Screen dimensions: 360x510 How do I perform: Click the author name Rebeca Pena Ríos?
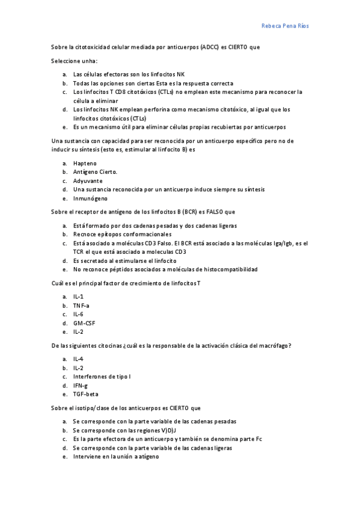tap(285, 26)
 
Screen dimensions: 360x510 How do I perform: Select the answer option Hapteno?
tap(84, 163)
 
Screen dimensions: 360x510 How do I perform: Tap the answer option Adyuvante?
tap(88, 180)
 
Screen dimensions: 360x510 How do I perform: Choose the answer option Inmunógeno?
tap(90, 198)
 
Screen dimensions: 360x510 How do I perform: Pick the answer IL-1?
tap(78, 296)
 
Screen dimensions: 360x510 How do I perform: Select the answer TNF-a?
tap(81, 306)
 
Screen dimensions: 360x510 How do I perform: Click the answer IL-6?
tap(78, 314)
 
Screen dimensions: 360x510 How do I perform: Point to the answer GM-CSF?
tap(84, 323)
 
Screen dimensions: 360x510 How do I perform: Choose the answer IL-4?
tap(78, 359)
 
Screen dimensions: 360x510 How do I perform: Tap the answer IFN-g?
tap(80, 386)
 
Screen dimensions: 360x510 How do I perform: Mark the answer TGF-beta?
tap(85, 394)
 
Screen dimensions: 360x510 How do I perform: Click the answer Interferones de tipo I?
tap(102, 376)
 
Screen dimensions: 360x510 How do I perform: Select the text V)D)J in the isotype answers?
tap(168, 431)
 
